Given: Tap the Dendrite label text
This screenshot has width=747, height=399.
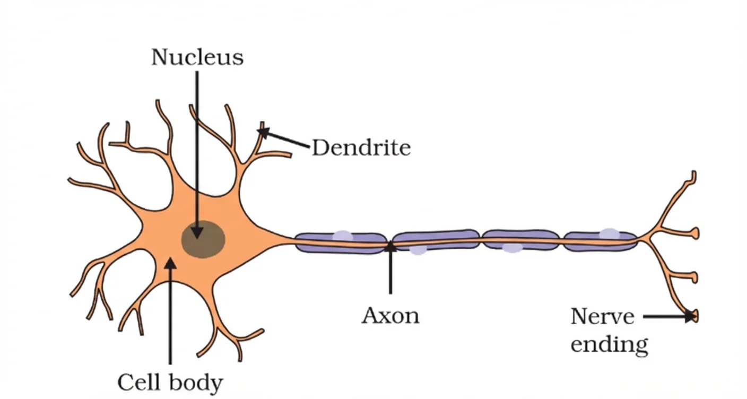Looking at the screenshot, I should (x=361, y=148).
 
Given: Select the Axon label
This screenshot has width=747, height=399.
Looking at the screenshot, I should (x=390, y=316).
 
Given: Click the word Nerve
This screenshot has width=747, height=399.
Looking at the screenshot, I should (x=602, y=317).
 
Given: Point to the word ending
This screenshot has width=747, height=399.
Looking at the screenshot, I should (x=609, y=345).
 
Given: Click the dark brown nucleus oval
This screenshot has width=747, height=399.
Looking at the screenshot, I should (x=204, y=240).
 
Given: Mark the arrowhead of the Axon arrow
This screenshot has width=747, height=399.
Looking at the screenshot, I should (x=390, y=246).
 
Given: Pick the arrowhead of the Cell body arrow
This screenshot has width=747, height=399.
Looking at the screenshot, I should (x=170, y=262).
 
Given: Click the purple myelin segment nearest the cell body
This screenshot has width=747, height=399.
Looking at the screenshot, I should (x=340, y=242).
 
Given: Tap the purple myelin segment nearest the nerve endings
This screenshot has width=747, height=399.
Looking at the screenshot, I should (x=600, y=241).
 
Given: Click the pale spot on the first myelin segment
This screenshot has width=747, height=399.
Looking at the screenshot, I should (x=342, y=236).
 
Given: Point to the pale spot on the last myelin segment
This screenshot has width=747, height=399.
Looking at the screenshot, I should (x=609, y=233).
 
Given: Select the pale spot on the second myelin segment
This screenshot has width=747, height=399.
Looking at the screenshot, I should (x=418, y=250).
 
